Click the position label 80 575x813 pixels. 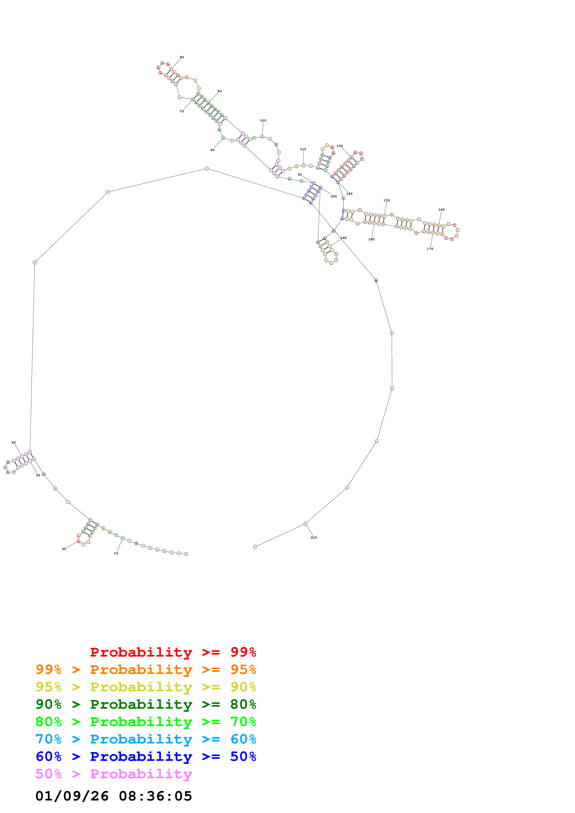[182, 57]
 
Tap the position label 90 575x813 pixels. [220, 91]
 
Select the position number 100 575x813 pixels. [263, 120]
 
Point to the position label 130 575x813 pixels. [339, 146]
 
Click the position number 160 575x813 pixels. [441, 210]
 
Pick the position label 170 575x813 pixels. [430, 249]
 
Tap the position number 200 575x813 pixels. [334, 197]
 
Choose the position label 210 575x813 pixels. [314, 537]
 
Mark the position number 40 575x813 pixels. [13, 443]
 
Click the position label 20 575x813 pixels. [64, 549]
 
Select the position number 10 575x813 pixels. [116, 553]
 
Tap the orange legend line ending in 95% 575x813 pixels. [146, 670]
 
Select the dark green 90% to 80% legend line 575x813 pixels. [146, 704]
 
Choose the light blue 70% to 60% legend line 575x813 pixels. [146, 739]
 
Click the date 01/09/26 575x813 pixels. [72, 796]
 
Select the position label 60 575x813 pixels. [212, 150]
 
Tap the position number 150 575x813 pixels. [386, 200]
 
